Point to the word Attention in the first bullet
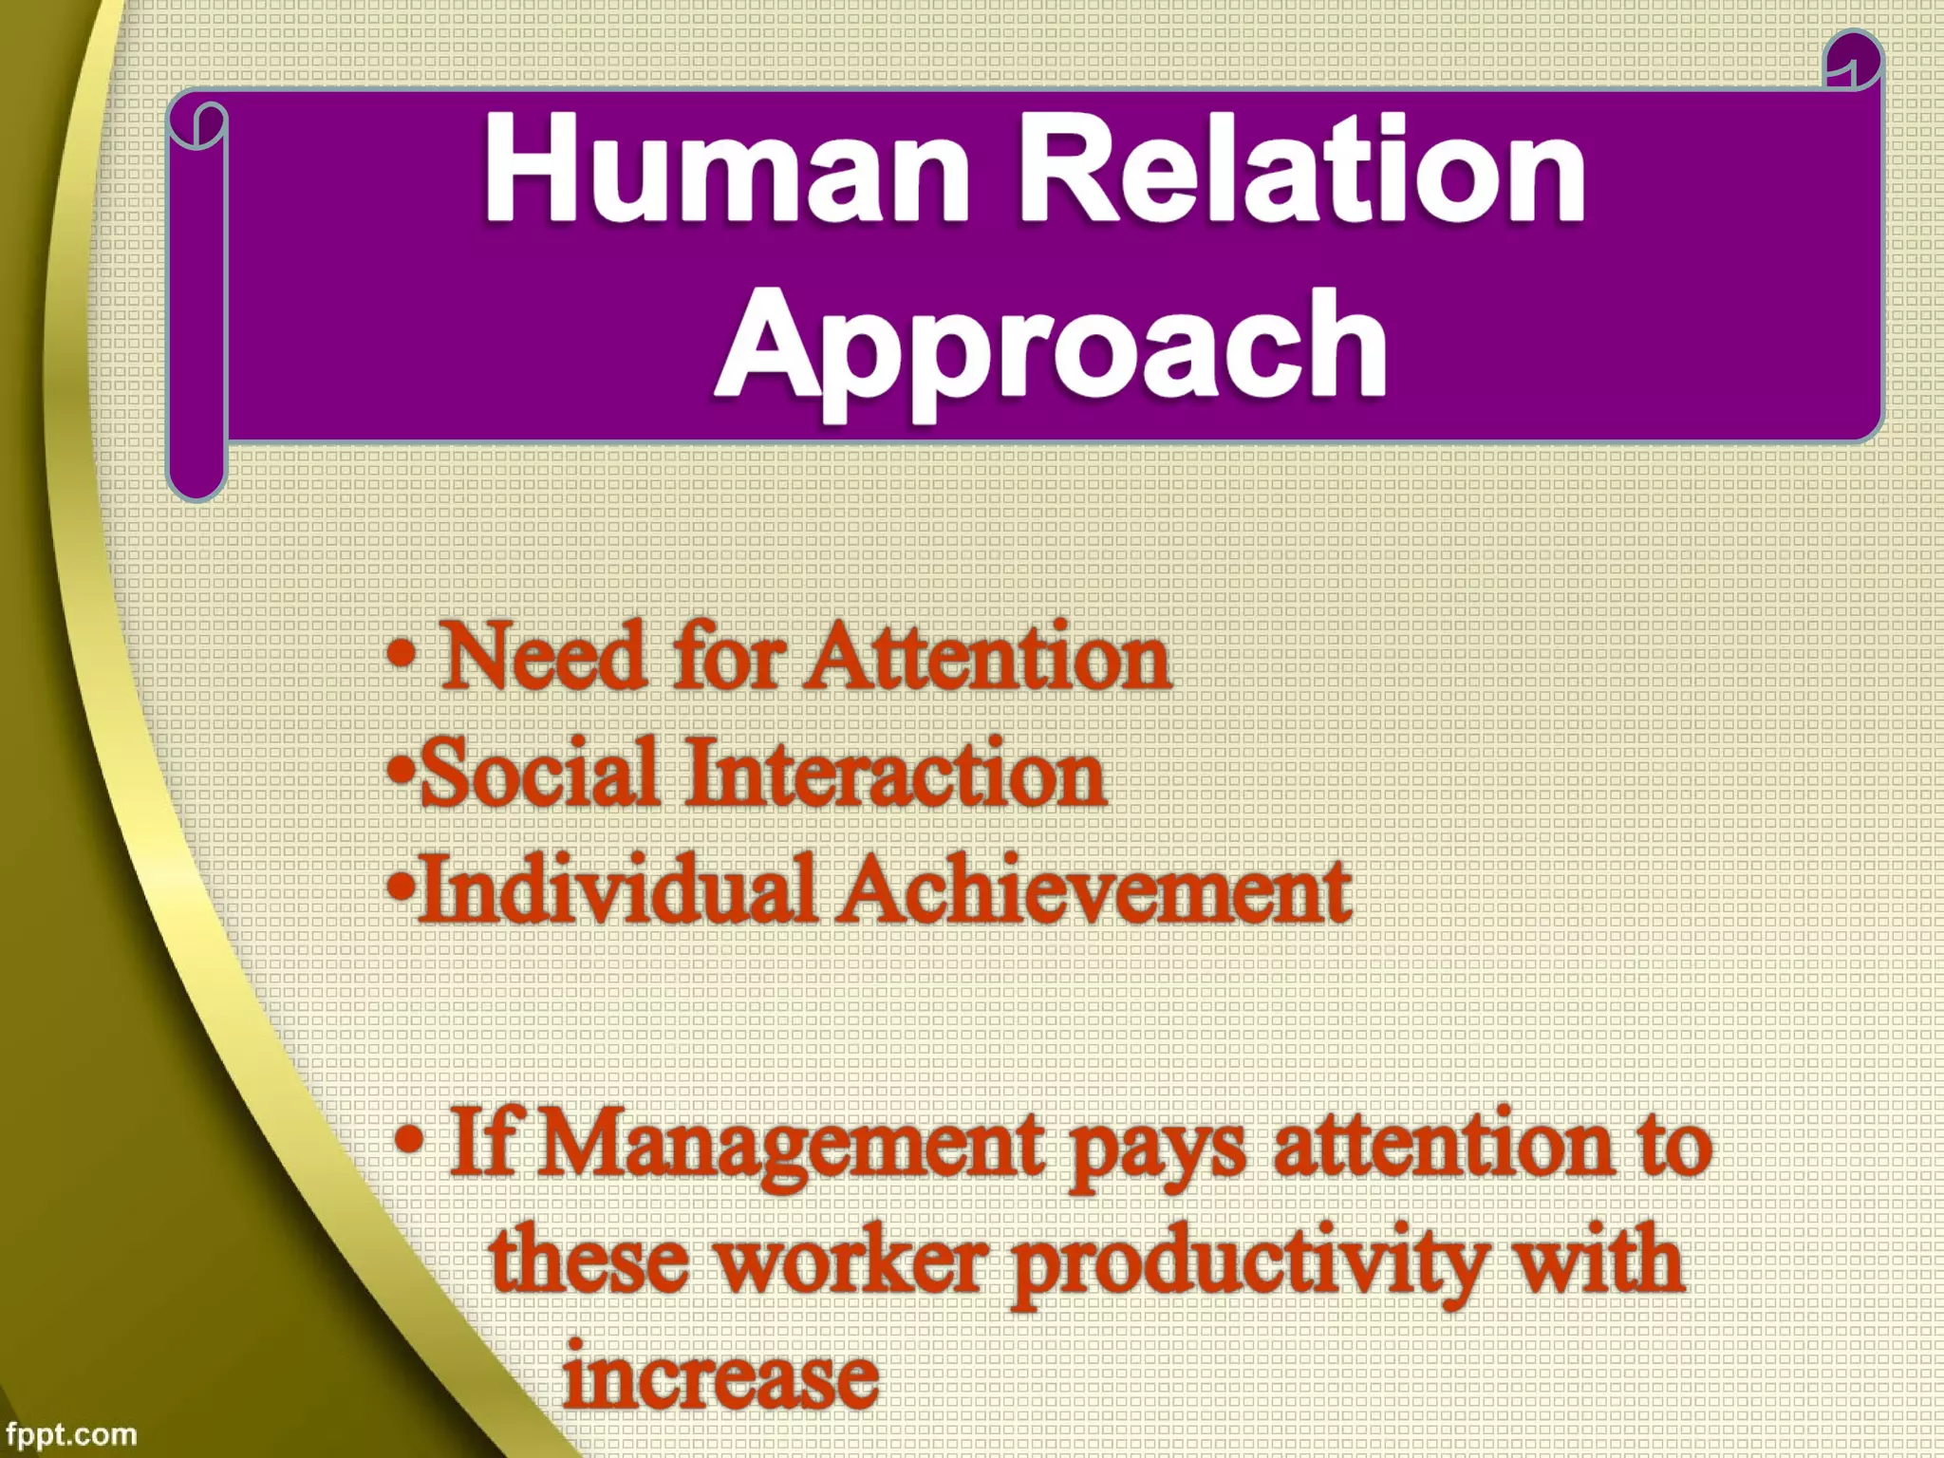[987, 658]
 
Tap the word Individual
[617, 890]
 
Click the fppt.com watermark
[70, 1434]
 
